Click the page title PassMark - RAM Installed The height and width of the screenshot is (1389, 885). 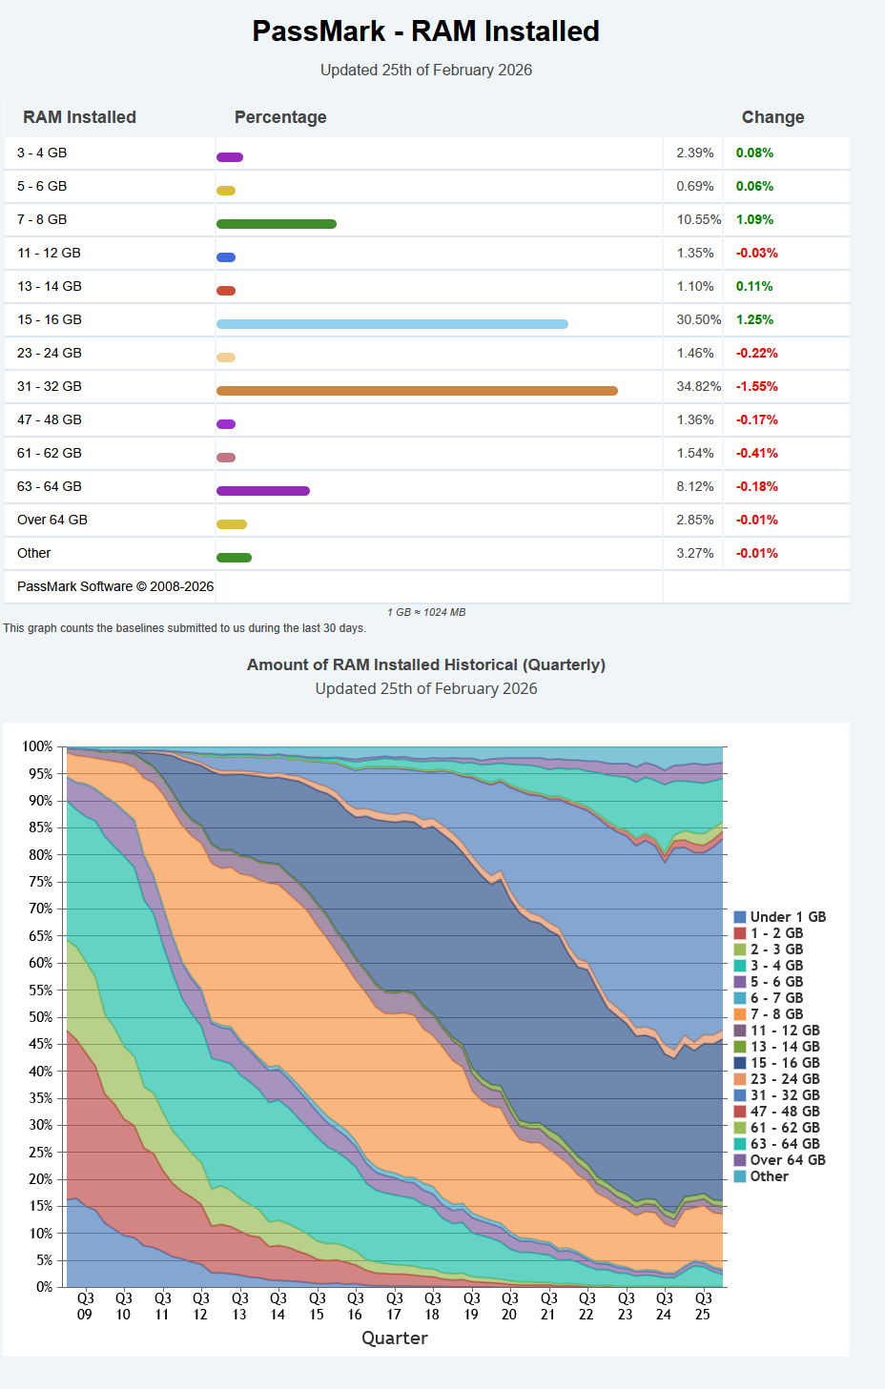pos(425,31)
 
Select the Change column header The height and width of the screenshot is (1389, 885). pos(772,117)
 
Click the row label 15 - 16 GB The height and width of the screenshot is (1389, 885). pos(50,319)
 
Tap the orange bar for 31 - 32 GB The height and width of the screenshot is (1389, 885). pos(417,391)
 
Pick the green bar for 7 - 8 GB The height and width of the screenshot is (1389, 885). pos(277,224)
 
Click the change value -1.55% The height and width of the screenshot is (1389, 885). pos(756,386)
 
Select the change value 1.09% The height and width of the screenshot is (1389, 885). pos(754,219)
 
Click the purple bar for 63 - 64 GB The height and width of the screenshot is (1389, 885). pos(263,491)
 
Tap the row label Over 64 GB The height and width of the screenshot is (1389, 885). pos(52,520)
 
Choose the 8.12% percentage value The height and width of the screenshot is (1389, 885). pos(695,486)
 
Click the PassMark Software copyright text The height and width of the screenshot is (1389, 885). pos(115,586)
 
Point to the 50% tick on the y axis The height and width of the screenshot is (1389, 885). pos(40,1017)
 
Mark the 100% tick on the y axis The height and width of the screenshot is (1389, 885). pos(38,746)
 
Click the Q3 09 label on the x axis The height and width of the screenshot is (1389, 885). pos(85,1306)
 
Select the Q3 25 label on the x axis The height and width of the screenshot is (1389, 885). pos(703,1306)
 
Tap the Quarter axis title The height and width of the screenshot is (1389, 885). pos(395,1338)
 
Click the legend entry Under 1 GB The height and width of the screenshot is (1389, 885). pos(787,917)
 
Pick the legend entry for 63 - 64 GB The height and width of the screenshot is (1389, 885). pos(784,1144)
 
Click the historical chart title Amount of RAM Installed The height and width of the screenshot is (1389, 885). pos(425,664)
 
